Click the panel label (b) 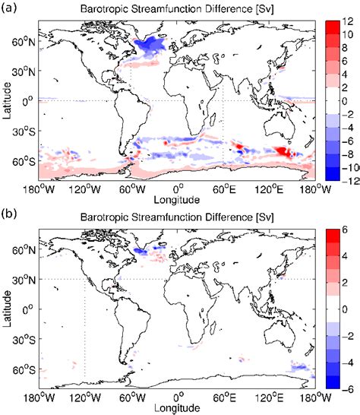10,215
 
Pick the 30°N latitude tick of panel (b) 25,279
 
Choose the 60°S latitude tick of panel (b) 25,369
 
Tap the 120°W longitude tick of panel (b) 84,397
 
